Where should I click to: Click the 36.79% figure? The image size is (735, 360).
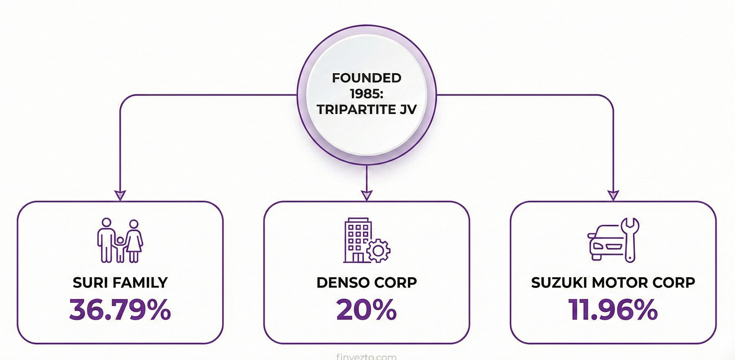coord(120,311)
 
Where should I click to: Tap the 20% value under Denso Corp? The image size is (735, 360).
coord(366,311)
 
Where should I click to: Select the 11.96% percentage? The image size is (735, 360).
coord(613,311)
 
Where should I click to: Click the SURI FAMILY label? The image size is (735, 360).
coord(120,283)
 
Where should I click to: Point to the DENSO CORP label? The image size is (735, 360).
coord(366,283)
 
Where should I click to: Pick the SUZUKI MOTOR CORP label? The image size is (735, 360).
coord(613,283)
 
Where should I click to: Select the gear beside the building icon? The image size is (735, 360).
coord(379,251)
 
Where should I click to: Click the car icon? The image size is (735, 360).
coord(604,244)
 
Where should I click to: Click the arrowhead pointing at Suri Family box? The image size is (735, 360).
coord(120,194)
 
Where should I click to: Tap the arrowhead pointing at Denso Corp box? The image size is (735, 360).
coord(366,194)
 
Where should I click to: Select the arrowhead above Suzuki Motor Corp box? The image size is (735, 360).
coord(613,194)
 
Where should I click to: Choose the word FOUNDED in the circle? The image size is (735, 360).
coord(366,78)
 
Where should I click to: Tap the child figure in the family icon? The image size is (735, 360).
coord(120,248)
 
